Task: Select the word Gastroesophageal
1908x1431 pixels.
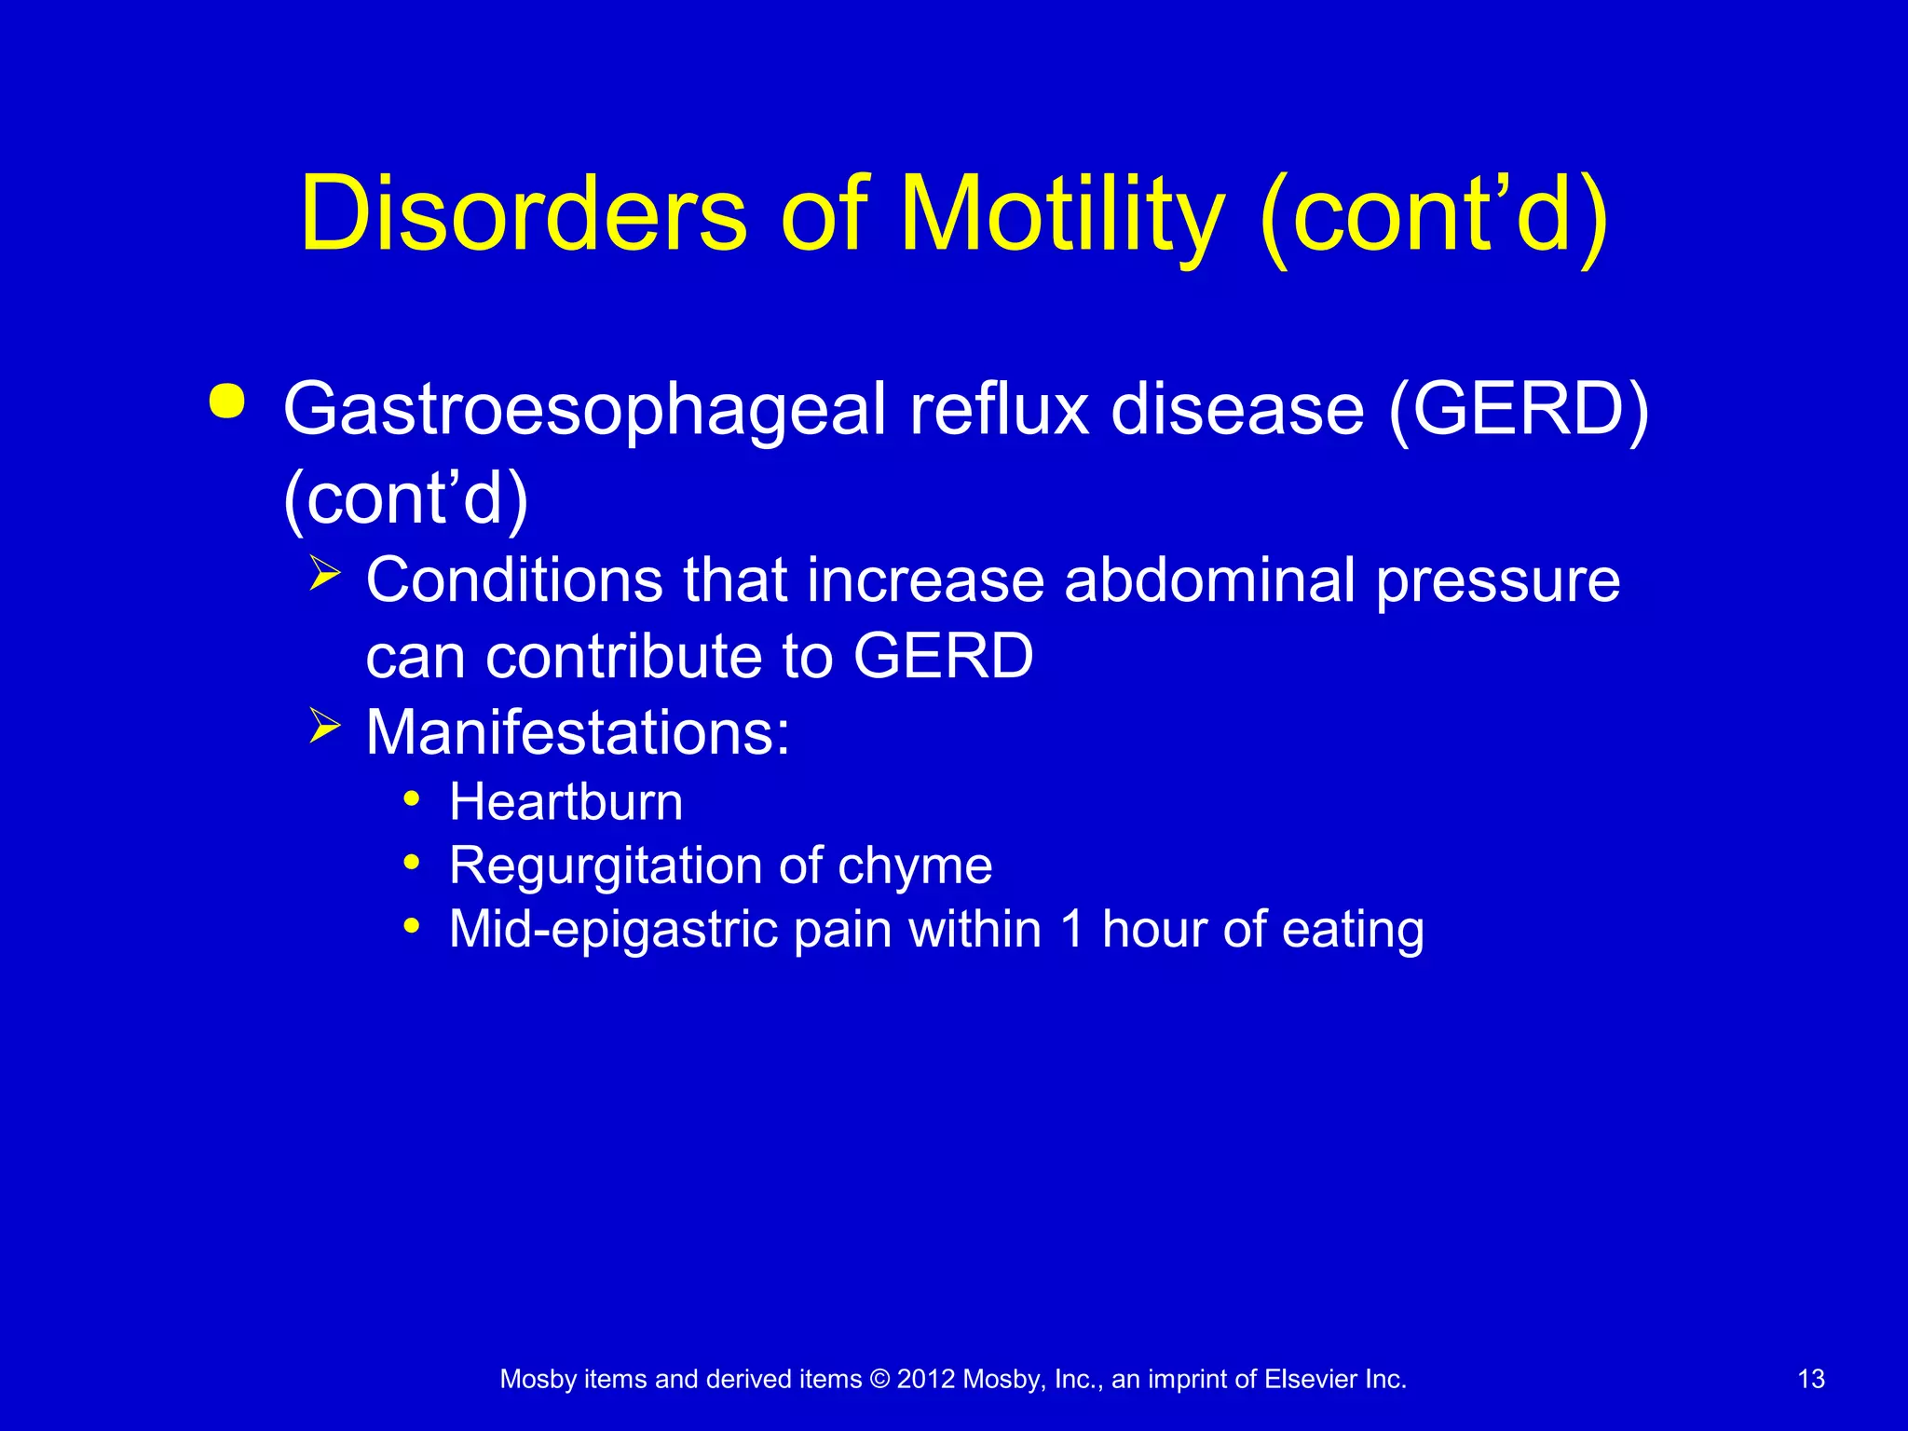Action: pyautogui.click(x=584, y=410)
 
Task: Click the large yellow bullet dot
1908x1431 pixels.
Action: pyautogui.click(x=227, y=402)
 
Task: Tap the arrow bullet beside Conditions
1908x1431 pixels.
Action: pyautogui.click(x=324, y=571)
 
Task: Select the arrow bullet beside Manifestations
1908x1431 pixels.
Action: pyautogui.click(x=324, y=724)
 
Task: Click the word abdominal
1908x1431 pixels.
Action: pyautogui.click(x=1209, y=580)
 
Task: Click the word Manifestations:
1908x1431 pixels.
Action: pyautogui.click(x=578, y=732)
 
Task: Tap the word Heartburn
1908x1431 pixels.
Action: pyautogui.click(x=566, y=802)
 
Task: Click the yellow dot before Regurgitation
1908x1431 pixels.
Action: pyautogui.click(x=412, y=862)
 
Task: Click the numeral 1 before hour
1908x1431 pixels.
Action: pyautogui.click(x=1073, y=929)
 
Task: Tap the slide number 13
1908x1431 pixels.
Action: pyautogui.click(x=1810, y=1379)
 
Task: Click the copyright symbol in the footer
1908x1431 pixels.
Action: pyautogui.click(x=879, y=1379)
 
